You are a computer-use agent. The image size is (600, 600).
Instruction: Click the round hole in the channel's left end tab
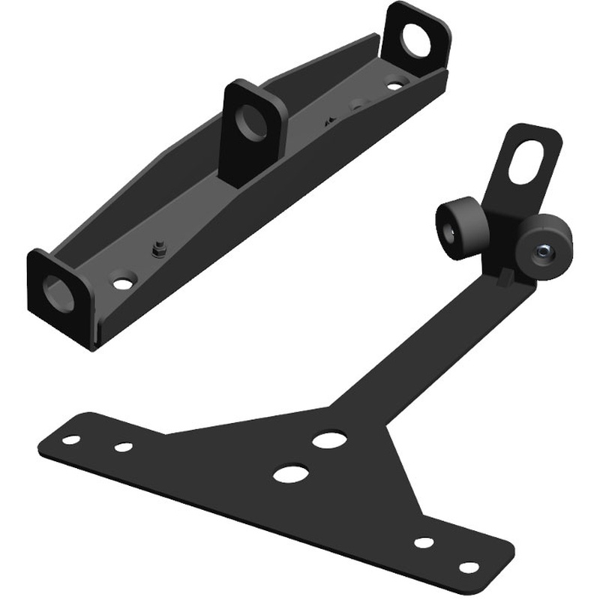coord(58,292)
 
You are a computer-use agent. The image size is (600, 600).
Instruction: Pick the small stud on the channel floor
coord(158,249)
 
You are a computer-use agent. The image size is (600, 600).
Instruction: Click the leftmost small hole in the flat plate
coord(71,439)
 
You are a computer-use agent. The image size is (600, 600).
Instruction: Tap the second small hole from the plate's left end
coord(124,447)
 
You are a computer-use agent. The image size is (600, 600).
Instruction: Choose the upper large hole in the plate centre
coord(328,439)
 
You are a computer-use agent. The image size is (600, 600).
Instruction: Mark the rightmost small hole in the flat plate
coord(469,568)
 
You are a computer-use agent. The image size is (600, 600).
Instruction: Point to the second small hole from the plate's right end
coord(424,542)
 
